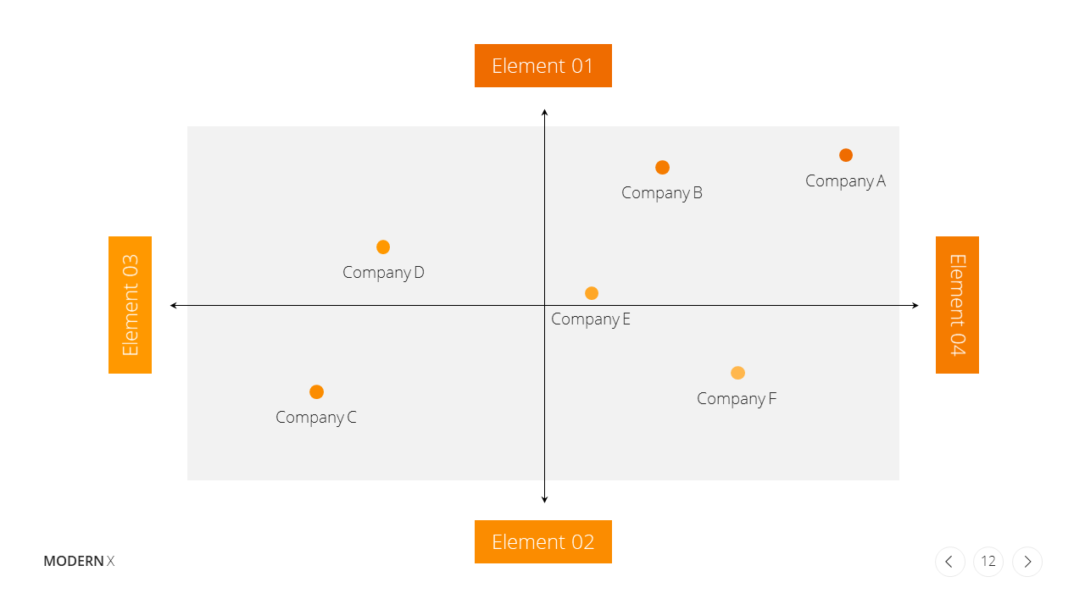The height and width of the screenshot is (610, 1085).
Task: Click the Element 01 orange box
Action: point(543,66)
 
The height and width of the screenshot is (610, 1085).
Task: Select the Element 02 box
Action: point(543,541)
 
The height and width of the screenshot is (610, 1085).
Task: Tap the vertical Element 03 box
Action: point(130,305)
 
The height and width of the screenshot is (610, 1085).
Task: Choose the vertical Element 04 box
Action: point(957,305)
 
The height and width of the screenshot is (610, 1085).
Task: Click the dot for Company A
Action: point(846,155)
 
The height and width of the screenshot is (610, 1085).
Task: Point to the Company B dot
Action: point(662,168)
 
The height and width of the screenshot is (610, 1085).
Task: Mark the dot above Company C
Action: point(316,391)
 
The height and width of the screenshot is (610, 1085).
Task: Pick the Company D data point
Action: point(383,247)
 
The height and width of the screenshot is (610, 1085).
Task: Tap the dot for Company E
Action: point(592,293)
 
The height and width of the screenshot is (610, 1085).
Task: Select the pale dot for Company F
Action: point(737,373)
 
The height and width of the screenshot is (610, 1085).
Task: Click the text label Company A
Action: point(846,181)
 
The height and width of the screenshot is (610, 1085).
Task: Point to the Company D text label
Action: point(383,273)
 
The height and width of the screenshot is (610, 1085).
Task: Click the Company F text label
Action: point(737,399)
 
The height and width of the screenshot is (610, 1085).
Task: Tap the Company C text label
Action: point(316,418)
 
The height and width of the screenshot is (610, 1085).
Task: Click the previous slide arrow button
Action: point(950,562)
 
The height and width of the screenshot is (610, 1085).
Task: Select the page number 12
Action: point(988,562)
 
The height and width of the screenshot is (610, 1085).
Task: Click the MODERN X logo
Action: point(79,561)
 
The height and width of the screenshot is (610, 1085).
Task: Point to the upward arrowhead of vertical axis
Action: point(544,113)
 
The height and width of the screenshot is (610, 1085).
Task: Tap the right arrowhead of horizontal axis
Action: point(915,306)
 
